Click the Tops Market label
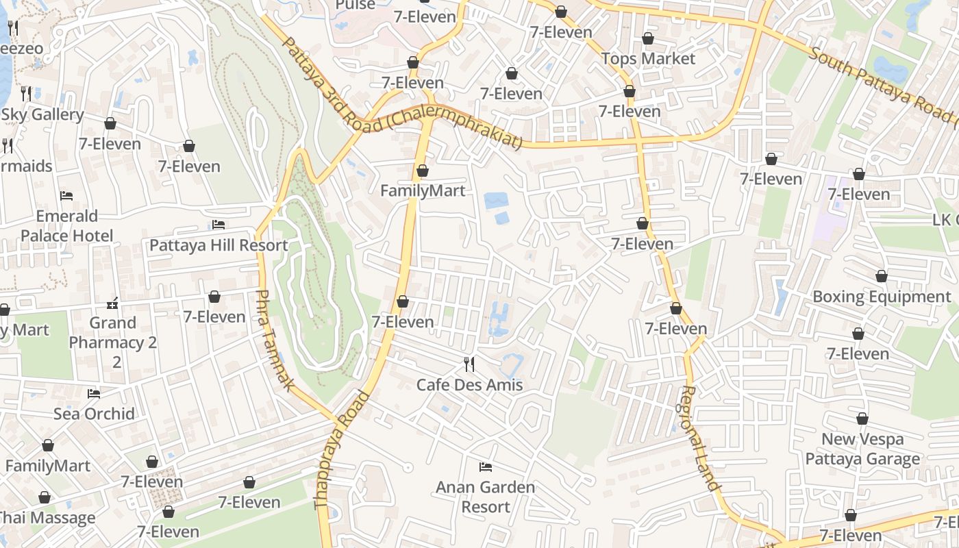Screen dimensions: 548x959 [x=648, y=59]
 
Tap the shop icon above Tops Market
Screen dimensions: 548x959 [x=648, y=38]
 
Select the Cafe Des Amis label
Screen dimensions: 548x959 [x=469, y=385]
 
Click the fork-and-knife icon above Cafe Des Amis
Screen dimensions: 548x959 [x=469, y=364]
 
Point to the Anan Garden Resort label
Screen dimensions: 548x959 [x=486, y=497]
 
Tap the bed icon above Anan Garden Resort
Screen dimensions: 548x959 [x=486, y=467]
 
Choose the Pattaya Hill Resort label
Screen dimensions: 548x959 [x=219, y=245]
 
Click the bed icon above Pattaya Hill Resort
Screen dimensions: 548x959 [x=219, y=225]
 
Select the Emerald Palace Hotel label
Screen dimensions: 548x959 [x=66, y=226]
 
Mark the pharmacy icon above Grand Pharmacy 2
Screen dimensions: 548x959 [x=113, y=302]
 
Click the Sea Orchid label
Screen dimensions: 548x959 [x=94, y=414]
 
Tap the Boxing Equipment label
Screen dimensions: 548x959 [x=882, y=297]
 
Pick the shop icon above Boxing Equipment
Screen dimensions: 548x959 [x=882, y=276]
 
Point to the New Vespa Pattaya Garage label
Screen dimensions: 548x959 [x=862, y=449]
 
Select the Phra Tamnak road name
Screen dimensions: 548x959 [x=274, y=340]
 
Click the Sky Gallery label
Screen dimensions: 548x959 [x=42, y=115]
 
